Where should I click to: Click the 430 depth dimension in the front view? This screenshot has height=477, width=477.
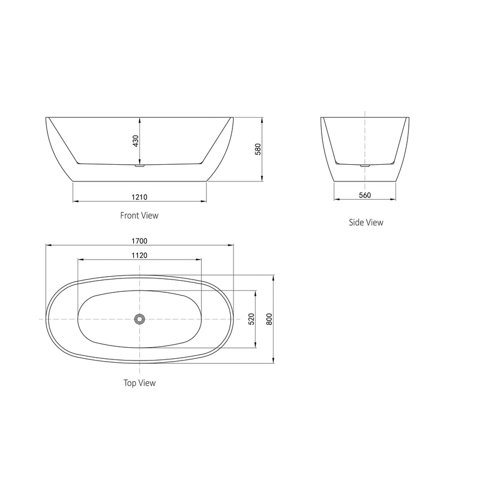coord(135,141)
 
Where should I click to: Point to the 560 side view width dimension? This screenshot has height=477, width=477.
coord(364,195)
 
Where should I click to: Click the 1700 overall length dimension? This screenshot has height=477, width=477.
coord(139,241)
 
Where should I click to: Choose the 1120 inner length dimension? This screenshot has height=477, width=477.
coord(139,255)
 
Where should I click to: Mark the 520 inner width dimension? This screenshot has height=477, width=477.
coord(251,319)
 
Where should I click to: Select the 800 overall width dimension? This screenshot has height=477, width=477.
coord(269,319)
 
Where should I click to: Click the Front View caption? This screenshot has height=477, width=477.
coord(139,215)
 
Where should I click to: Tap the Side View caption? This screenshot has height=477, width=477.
coord(366,222)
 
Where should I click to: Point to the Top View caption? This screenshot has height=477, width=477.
coord(139,383)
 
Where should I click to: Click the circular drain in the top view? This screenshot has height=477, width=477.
coord(139,319)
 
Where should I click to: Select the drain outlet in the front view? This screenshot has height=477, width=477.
coord(139,165)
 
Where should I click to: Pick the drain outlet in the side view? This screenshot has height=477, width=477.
coord(364,165)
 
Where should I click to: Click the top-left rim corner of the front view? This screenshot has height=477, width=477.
coord(46,118)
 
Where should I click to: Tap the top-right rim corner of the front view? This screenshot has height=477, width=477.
coord(234,118)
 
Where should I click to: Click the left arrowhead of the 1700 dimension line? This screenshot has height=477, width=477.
coord(47,245)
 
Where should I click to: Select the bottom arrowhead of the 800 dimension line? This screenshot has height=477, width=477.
coord(273,363)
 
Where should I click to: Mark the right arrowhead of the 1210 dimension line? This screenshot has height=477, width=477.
coord(205,201)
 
